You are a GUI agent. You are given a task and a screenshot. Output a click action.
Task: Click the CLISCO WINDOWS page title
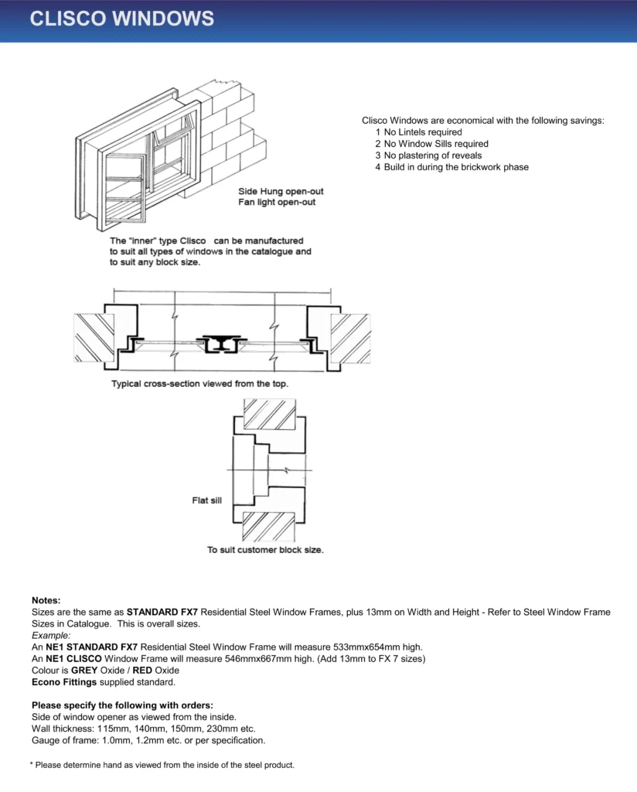[121, 19]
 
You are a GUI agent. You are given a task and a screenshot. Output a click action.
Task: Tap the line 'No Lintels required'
[423, 132]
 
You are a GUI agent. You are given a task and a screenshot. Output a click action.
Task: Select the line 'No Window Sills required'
[436, 144]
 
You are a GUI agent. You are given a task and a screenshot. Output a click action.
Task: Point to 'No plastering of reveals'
[433, 155]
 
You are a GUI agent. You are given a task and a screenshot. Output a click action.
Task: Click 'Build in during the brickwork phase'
[456, 167]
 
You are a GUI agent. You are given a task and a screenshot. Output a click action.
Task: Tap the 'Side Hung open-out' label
[281, 192]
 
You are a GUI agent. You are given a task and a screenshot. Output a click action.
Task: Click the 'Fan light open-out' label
[277, 202]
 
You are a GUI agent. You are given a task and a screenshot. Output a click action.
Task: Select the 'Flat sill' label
[206, 500]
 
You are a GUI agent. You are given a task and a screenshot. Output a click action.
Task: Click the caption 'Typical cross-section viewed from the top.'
[200, 384]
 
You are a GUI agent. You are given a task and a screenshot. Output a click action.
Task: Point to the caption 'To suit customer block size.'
[265, 550]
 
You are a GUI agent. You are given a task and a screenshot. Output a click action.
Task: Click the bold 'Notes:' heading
[46, 600]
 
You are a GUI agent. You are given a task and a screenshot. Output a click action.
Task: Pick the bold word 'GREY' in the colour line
[84, 671]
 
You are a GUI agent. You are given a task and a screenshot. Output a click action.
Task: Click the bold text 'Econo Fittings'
[64, 682]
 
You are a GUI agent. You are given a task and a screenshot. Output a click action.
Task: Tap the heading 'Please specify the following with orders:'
[123, 705]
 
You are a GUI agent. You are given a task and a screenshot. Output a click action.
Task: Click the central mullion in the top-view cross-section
[221, 343]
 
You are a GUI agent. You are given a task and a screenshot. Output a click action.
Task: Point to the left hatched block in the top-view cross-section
[94, 338]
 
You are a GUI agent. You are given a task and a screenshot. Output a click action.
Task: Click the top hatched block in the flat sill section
[270, 415]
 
